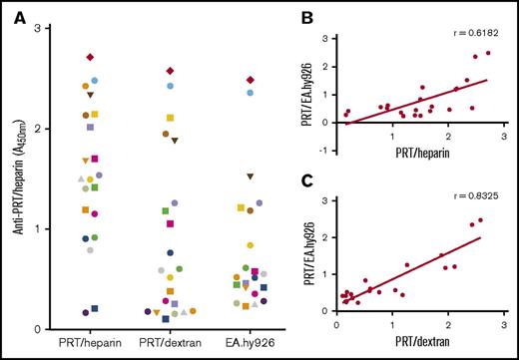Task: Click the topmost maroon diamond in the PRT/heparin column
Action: [90, 58]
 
